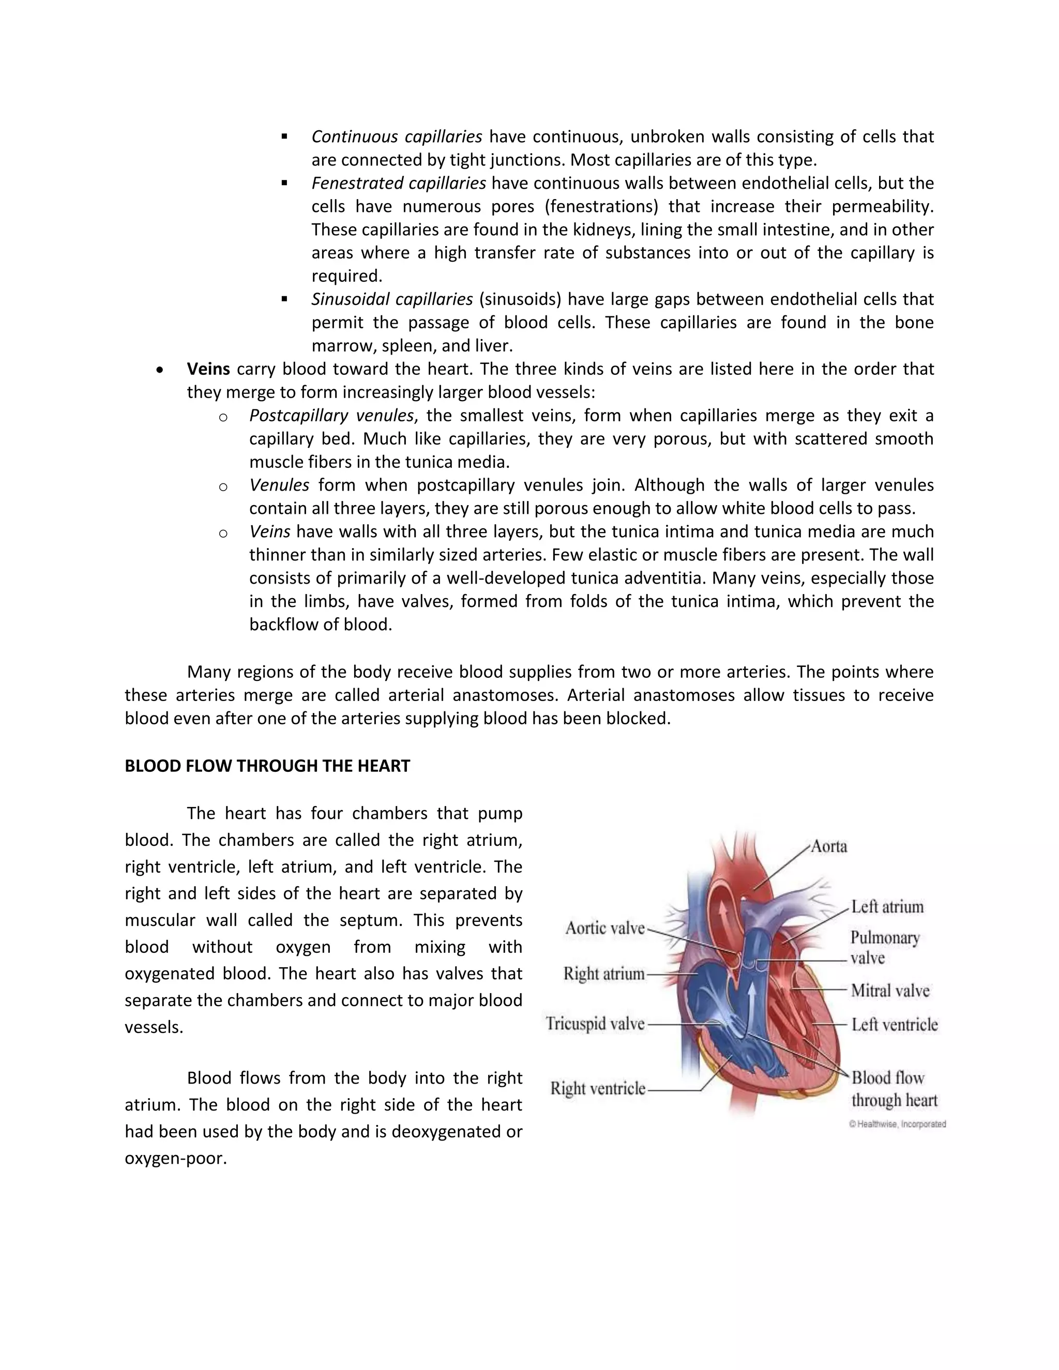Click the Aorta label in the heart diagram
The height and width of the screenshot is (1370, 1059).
click(x=829, y=847)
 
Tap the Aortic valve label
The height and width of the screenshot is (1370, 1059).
click(x=605, y=928)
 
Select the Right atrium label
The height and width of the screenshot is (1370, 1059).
click(x=603, y=973)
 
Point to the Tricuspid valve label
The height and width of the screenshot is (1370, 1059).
click(x=595, y=1024)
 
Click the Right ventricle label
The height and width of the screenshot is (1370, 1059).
click(x=597, y=1088)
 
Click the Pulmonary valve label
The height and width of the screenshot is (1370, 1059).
click(x=885, y=947)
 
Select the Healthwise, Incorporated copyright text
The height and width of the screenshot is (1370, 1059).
click(x=897, y=1124)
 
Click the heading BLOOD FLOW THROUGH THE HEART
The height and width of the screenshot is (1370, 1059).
click(x=267, y=766)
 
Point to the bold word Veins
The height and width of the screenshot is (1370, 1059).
click(x=208, y=369)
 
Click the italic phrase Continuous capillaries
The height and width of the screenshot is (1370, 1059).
click(x=397, y=137)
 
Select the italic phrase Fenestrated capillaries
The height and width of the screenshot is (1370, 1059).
click(x=398, y=183)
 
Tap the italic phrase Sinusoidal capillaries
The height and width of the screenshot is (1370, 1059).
click(x=392, y=299)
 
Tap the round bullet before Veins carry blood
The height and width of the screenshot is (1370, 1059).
click(x=161, y=370)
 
